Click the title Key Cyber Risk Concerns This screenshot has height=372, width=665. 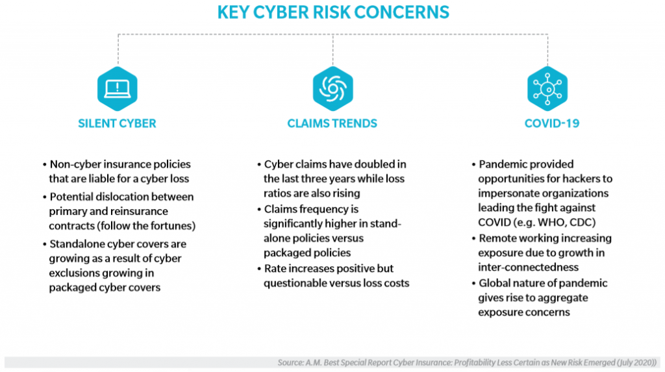[333, 12]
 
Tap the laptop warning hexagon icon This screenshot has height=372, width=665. [117, 89]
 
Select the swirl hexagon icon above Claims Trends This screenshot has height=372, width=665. [333, 89]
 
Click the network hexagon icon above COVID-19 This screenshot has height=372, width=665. [547, 89]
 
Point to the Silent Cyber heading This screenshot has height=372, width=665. [117, 123]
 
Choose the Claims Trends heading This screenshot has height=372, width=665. [332, 123]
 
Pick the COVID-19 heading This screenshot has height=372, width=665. [552, 123]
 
